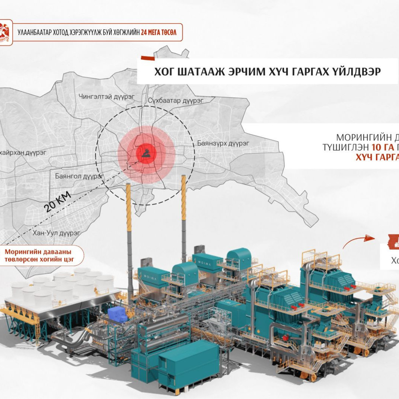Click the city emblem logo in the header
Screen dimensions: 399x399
6,33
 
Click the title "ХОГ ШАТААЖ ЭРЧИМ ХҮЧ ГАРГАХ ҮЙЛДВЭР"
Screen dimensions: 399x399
267,71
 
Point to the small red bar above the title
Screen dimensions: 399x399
147,58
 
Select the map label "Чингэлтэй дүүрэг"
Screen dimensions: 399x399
106,97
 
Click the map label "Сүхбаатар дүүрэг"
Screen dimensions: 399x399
176,100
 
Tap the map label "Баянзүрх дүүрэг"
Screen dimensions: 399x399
223,143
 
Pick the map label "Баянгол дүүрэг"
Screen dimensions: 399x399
79,176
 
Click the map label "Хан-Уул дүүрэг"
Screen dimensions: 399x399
57,233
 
